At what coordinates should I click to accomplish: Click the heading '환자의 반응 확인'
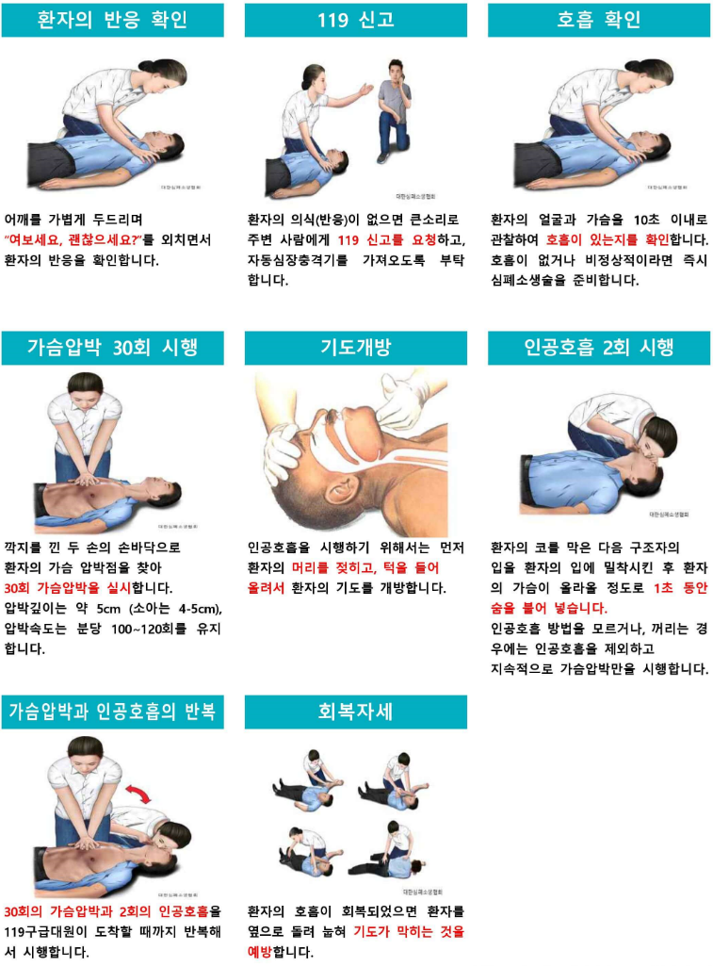coord(112,20)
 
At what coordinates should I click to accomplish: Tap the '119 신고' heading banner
coord(355,20)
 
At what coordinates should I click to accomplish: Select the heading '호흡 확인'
coord(598,20)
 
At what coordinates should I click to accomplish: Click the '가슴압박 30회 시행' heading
coord(112,348)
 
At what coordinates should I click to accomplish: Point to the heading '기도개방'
coord(355,348)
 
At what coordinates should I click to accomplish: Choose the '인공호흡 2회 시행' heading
coord(598,348)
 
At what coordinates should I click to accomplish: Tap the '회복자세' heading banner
coord(355,712)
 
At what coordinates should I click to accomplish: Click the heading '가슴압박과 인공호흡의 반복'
coord(112,712)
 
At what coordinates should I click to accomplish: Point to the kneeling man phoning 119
coord(392,111)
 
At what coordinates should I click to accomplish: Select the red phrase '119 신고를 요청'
coord(387,239)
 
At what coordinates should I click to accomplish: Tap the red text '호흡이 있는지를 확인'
coord(608,239)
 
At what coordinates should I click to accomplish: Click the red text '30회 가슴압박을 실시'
coord(68,588)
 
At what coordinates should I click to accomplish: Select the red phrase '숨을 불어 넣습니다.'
coord(548,608)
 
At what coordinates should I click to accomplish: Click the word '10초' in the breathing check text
coord(646,220)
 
